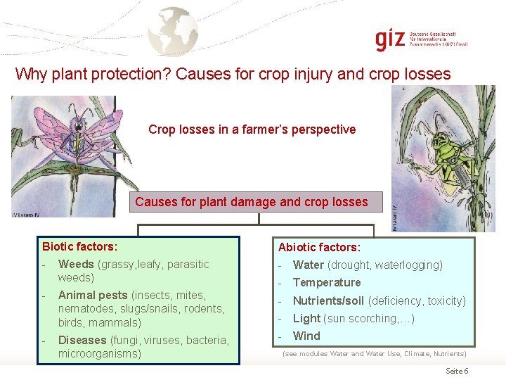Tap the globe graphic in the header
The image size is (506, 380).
pos(177,30)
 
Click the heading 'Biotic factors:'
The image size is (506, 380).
pos(79,246)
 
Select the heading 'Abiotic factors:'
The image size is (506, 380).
pos(319,247)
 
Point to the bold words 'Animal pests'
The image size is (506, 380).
pos(93,296)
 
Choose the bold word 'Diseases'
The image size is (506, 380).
pos(82,341)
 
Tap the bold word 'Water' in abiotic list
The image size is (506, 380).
pos(308,265)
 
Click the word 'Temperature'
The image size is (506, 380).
pos(326,283)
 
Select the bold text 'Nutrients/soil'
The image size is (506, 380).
pos(328,301)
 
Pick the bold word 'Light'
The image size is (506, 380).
pos(306,319)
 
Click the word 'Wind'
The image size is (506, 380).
pos(306,336)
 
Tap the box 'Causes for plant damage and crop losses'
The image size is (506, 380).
pos(252,202)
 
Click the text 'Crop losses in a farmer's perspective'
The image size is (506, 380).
pos(252,129)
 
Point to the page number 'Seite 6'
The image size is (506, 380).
pos(457,371)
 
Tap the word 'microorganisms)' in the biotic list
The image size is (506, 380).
pos(99,354)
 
